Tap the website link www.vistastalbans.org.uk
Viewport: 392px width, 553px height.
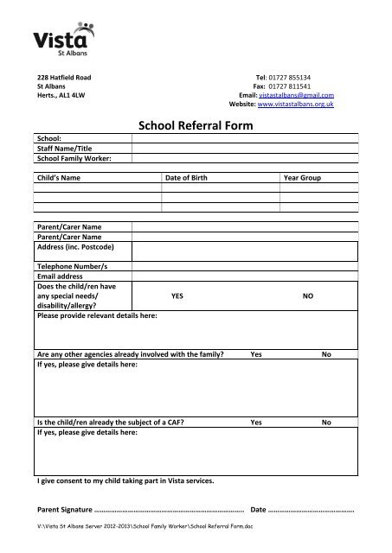[x=303, y=104]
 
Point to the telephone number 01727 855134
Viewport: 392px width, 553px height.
[x=306, y=78]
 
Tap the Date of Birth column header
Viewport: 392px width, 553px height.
[x=192, y=177]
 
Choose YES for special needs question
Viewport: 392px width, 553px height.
[x=177, y=296]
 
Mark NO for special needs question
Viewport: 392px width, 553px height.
[x=307, y=296]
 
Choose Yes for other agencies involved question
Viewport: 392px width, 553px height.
[x=256, y=354]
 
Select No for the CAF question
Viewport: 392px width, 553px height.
[x=326, y=423]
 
